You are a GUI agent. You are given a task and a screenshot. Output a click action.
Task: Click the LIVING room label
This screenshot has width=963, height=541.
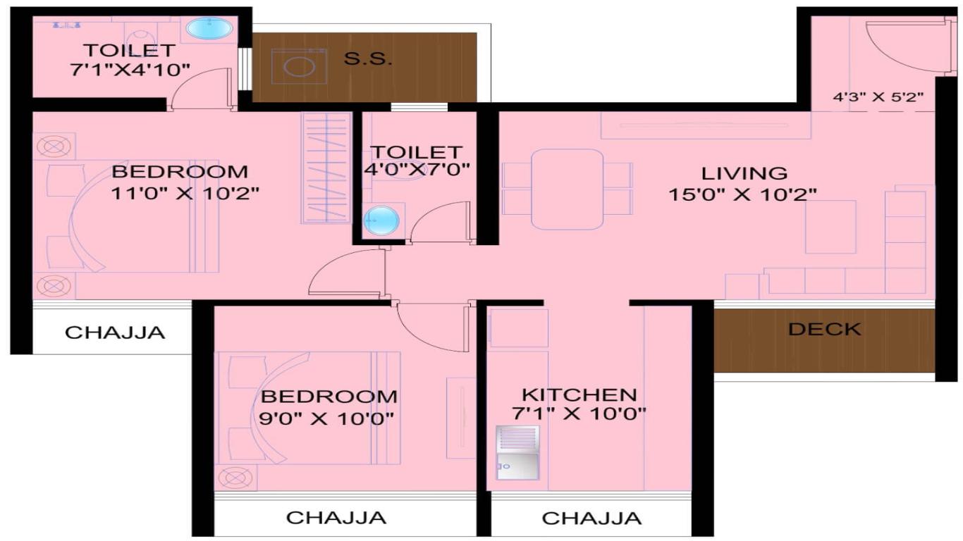click(x=744, y=173)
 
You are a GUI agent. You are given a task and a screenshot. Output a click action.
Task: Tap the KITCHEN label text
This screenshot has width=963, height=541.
click(x=579, y=394)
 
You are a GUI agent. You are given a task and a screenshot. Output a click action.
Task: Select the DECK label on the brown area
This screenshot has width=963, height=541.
click(x=825, y=330)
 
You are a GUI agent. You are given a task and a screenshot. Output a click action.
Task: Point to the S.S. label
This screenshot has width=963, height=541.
click(x=368, y=59)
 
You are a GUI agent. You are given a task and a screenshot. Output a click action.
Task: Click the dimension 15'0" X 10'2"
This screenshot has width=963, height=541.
click(x=742, y=194)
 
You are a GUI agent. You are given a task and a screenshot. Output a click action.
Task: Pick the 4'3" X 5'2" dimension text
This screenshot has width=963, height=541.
click(x=878, y=97)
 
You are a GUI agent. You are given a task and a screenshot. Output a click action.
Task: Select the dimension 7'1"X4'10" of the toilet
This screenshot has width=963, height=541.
click(x=130, y=70)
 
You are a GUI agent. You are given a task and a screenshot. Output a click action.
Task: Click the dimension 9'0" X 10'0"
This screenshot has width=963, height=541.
click(x=326, y=418)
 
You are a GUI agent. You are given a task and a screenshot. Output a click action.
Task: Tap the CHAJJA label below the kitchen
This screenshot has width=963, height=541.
click(x=591, y=518)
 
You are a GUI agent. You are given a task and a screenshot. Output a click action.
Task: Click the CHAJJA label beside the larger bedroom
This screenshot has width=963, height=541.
click(x=115, y=332)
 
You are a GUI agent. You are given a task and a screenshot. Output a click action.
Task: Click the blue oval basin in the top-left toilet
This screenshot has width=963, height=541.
click(x=209, y=28)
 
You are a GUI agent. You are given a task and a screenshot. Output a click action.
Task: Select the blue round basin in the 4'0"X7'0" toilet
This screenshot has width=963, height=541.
click(x=381, y=220)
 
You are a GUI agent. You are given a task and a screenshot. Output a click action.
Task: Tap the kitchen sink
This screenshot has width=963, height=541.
click(x=517, y=453)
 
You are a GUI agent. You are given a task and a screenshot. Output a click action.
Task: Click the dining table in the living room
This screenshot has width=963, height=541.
click(x=567, y=189)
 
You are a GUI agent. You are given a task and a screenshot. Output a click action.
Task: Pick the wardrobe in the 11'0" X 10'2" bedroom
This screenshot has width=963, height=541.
click(x=326, y=168)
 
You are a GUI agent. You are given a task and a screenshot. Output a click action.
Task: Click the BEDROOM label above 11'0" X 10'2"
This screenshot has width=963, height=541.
click(x=180, y=172)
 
